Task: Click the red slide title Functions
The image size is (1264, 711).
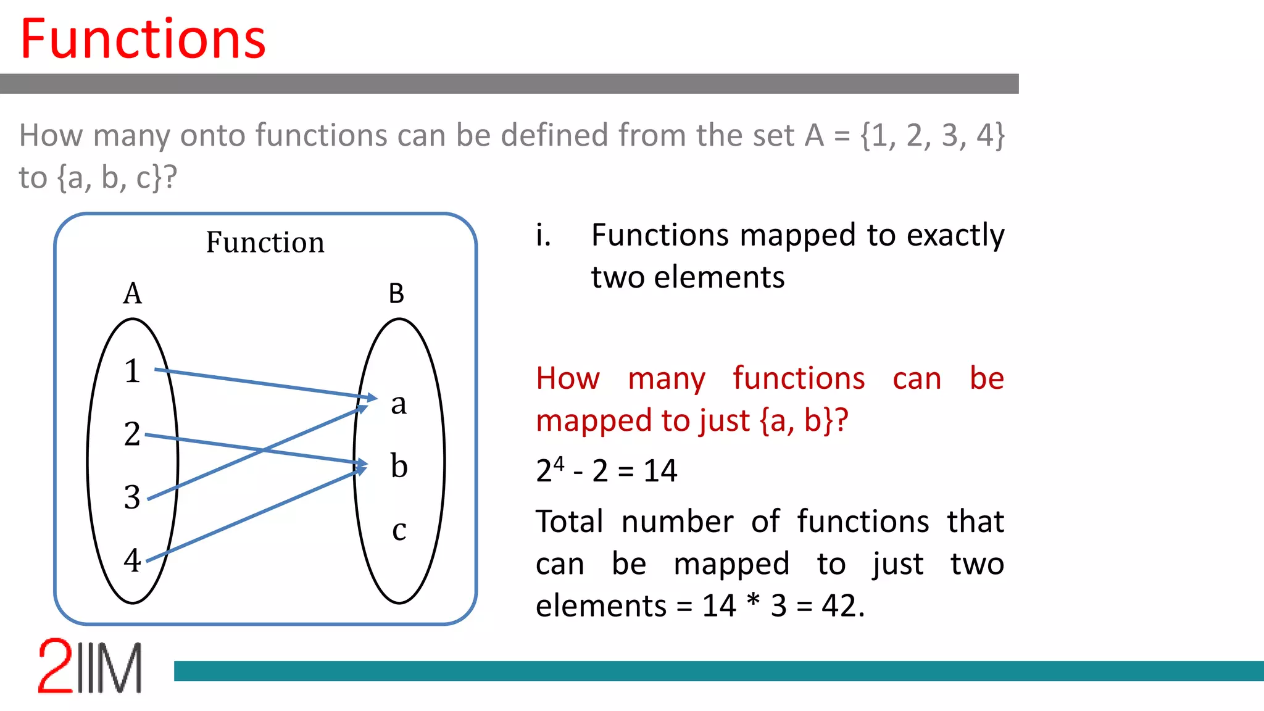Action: click(143, 39)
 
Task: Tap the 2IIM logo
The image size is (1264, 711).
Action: click(90, 667)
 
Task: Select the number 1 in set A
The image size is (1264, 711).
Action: click(132, 372)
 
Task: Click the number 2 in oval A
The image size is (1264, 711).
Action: click(132, 434)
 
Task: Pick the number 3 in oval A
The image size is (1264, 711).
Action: click(132, 497)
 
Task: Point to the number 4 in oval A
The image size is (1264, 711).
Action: click(132, 560)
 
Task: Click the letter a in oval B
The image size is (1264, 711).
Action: click(399, 404)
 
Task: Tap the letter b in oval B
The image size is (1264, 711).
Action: click(399, 466)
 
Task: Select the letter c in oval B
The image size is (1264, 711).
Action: click(399, 530)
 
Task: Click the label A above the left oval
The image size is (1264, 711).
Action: click(132, 293)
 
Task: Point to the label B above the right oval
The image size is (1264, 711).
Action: click(396, 293)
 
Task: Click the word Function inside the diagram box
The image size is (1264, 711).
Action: click(265, 242)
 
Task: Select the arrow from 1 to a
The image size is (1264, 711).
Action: click(265, 384)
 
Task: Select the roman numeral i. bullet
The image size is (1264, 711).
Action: click(543, 235)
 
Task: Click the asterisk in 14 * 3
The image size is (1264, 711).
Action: click(753, 601)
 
